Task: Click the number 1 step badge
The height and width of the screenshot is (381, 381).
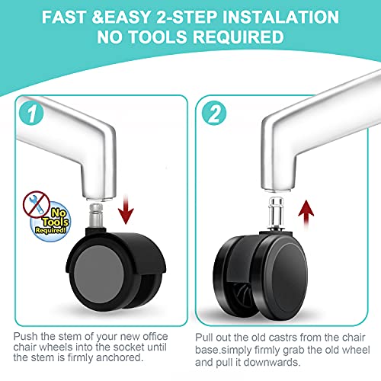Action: pyautogui.click(x=31, y=113)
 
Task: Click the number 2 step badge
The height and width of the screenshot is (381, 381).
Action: pyautogui.click(x=214, y=114)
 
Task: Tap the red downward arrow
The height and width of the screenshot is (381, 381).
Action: pyautogui.click(x=126, y=209)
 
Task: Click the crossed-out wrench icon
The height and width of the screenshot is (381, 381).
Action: pyautogui.click(x=37, y=204)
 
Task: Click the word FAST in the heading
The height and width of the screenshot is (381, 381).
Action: pyautogui.click(x=64, y=18)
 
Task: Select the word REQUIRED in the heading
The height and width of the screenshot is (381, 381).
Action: pyautogui.click(x=239, y=37)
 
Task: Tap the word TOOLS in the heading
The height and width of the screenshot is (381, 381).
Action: pyautogui.click(x=158, y=37)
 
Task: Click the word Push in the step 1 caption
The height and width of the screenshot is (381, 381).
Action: pyautogui.click(x=26, y=336)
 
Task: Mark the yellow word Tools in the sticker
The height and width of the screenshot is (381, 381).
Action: pyautogui.click(x=56, y=222)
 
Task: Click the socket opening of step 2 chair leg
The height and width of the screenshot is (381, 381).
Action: pyautogui.click(x=277, y=190)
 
